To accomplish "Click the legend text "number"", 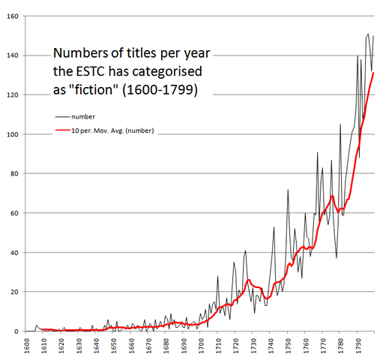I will tap(83, 117).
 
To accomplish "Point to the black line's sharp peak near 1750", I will tap(288, 190).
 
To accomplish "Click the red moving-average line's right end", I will tap(373, 73).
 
